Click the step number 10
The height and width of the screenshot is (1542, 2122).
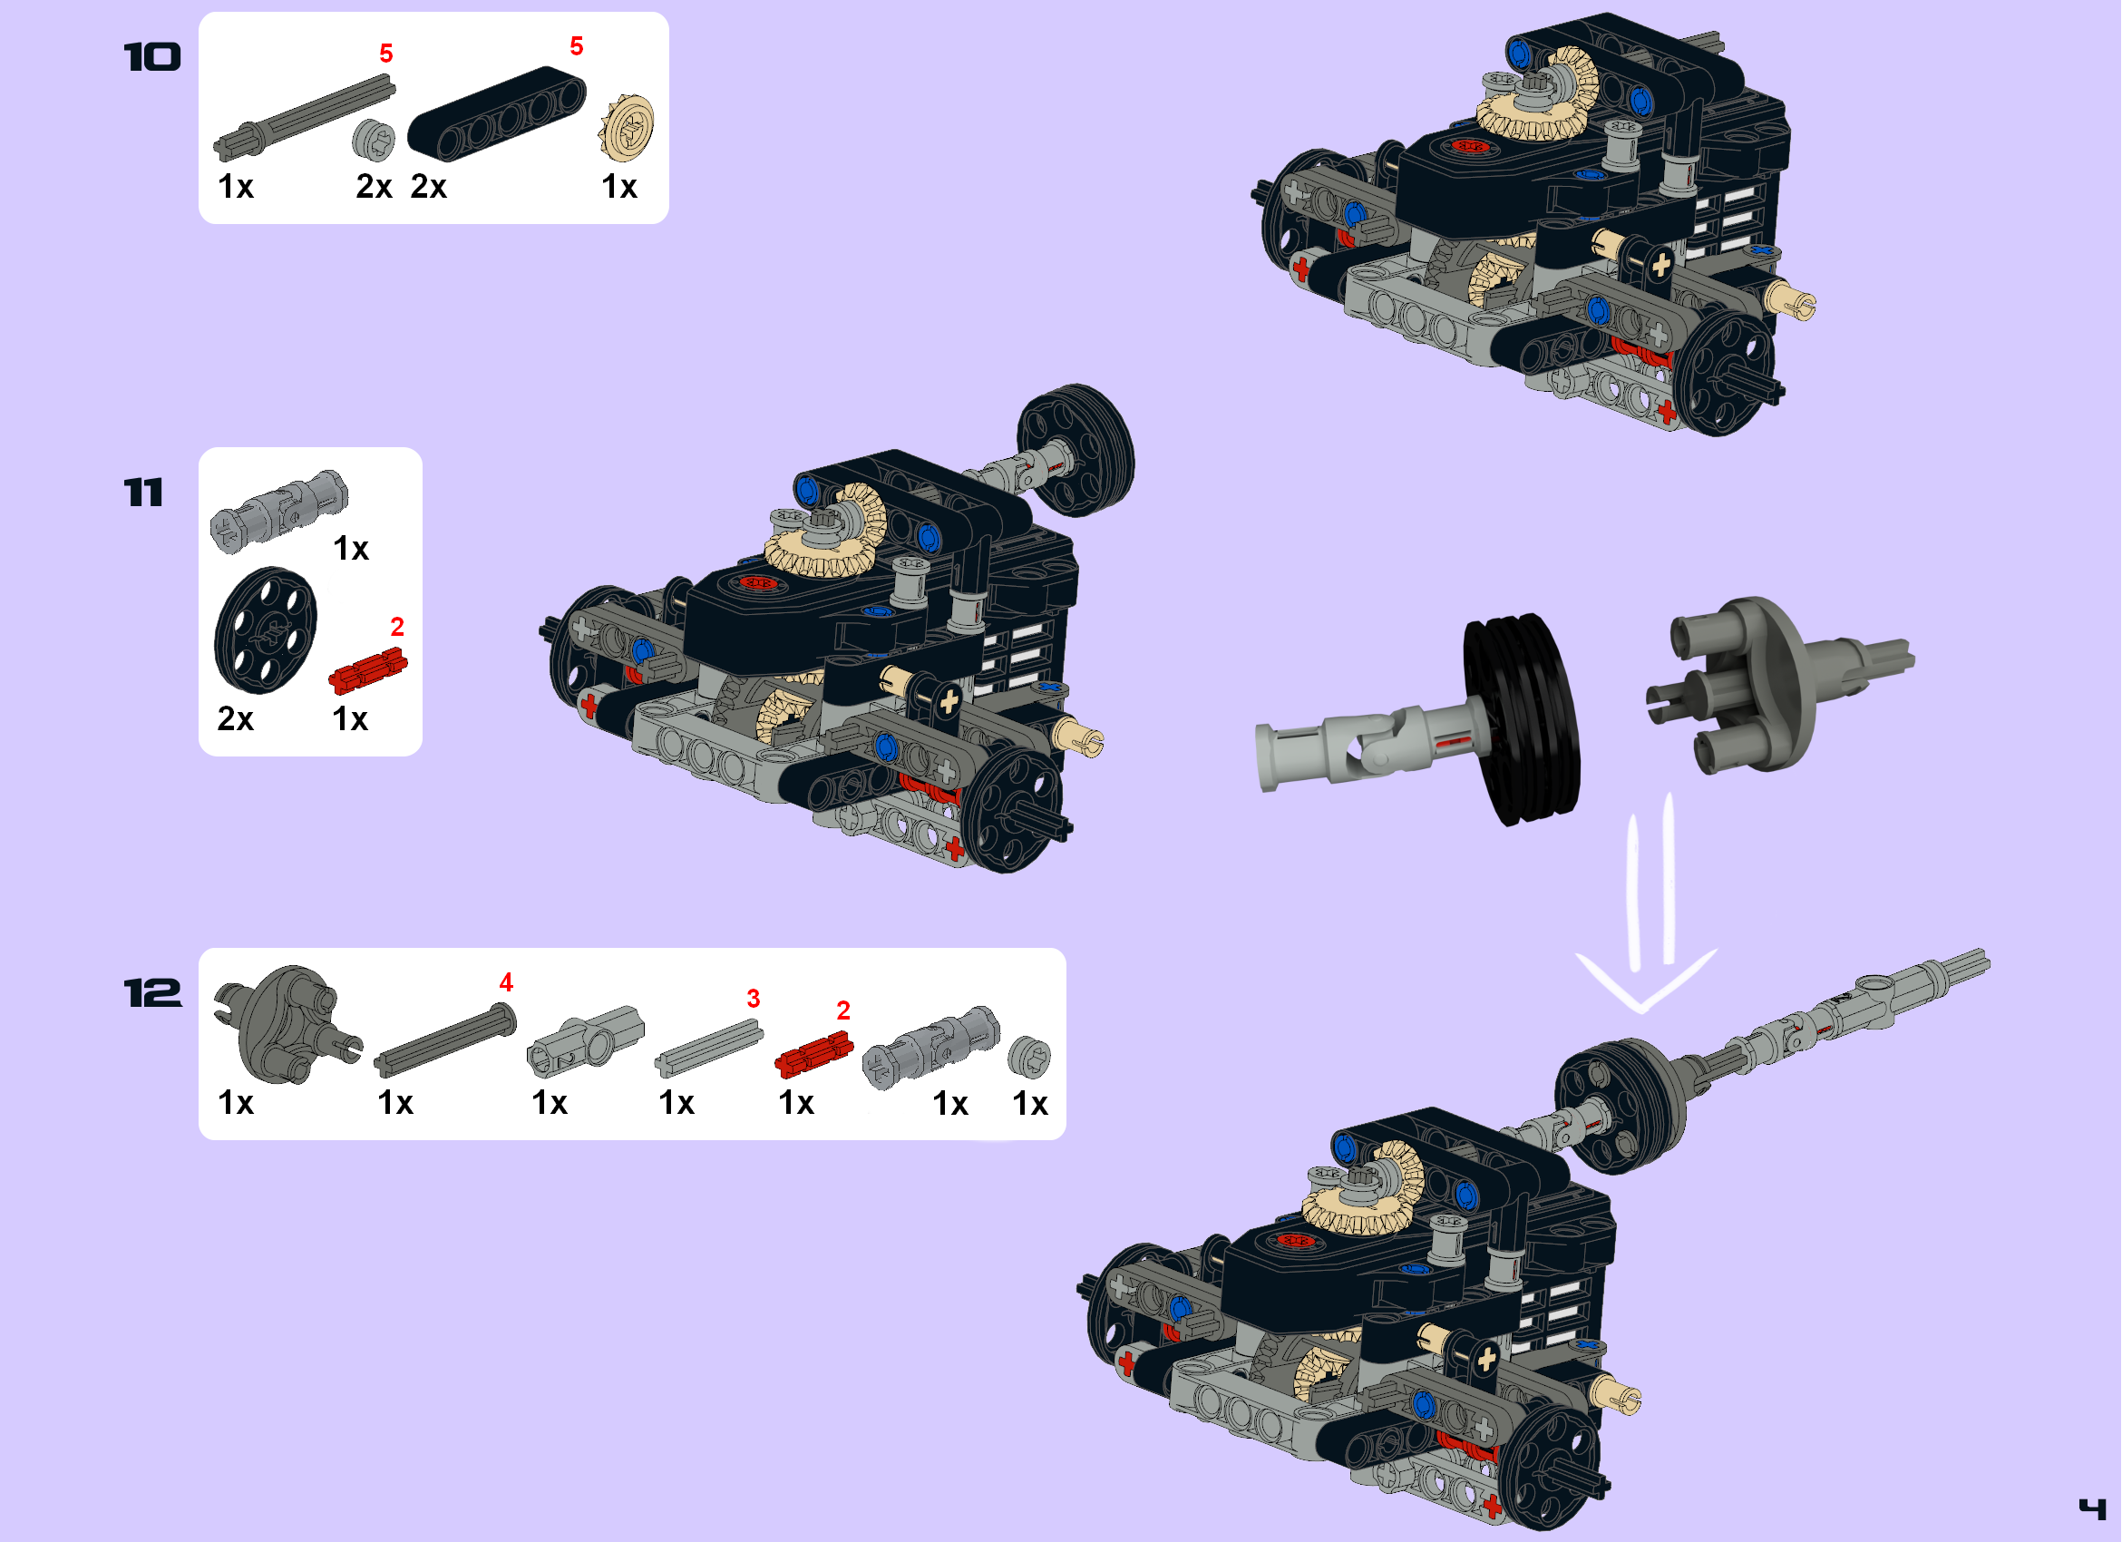pos(151,58)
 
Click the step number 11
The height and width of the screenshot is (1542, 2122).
pos(143,493)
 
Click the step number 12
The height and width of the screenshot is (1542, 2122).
pos(152,994)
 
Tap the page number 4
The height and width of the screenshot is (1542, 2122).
pos(2092,1508)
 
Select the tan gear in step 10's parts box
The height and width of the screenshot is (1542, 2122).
pos(627,127)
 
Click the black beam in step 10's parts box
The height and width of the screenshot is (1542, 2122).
pos(496,113)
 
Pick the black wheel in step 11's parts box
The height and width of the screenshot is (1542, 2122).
pos(266,629)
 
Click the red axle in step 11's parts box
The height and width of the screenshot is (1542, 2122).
pos(367,670)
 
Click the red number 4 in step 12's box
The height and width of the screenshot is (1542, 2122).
pos(506,982)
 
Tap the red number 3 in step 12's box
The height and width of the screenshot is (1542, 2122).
pos(754,999)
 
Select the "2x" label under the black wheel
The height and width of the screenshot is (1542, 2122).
pos(235,718)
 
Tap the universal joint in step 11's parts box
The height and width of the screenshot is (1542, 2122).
pos(278,510)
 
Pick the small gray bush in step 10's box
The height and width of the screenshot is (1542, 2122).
pos(374,141)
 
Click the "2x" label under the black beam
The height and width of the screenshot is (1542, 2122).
pos(429,186)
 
